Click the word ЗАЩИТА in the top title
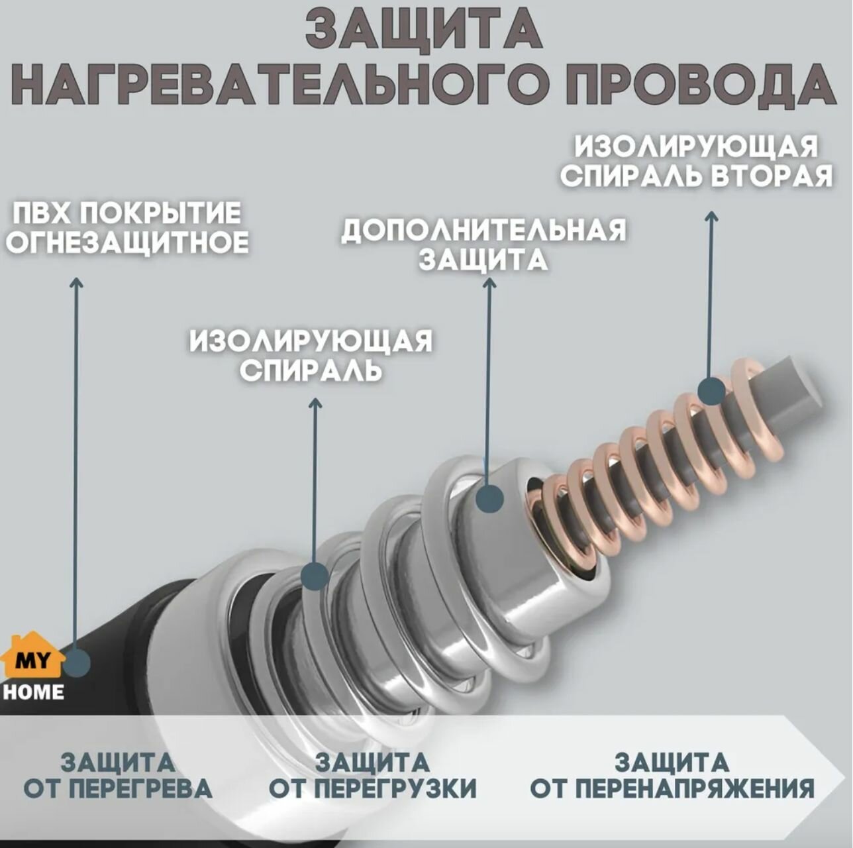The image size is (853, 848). (424, 30)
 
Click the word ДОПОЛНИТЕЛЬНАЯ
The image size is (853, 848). (483, 231)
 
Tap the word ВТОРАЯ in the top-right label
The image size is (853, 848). (771, 176)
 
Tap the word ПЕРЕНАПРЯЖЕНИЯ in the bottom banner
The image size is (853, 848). (695, 788)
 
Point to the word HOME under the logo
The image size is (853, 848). (33, 692)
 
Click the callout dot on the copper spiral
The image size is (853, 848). (712, 391)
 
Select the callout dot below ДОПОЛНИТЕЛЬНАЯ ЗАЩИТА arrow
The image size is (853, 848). (489, 498)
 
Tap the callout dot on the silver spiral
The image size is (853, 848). (315, 575)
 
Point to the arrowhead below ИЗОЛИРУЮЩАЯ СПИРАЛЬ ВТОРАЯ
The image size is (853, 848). (711, 217)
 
